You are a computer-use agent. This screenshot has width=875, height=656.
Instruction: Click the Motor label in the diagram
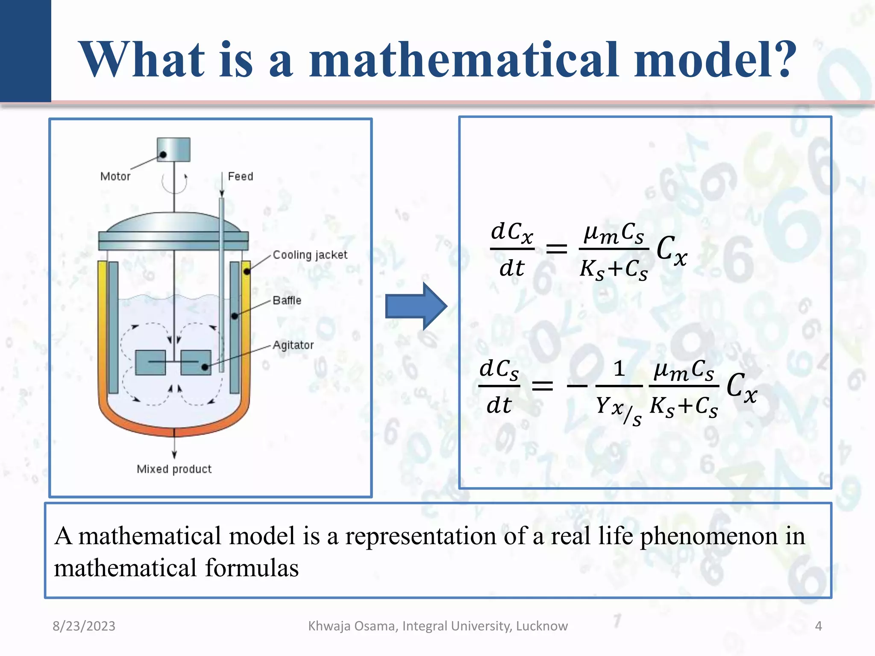pos(115,176)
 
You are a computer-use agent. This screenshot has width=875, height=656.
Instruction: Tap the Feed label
pos(240,176)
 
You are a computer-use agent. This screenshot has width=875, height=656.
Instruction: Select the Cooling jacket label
pos(310,255)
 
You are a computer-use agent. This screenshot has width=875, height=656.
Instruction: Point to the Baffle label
pos(287,301)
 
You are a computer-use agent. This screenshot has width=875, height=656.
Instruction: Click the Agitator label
pos(293,345)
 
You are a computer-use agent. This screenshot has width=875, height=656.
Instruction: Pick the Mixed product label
pos(174,469)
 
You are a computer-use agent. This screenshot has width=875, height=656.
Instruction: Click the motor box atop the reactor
pos(173,149)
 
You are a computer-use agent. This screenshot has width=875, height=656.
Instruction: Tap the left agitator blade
pos(150,363)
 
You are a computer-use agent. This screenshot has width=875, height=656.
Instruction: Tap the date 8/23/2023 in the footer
pos(84,626)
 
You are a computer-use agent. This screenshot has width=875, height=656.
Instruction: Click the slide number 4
pos(818,626)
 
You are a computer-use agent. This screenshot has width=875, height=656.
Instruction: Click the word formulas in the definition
pos(252,568)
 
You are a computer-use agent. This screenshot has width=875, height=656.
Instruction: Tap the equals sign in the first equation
pos(556,248)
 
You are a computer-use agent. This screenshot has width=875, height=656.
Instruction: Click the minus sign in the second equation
pos(577,386)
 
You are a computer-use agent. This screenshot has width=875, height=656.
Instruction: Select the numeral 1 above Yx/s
pos(619,369)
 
